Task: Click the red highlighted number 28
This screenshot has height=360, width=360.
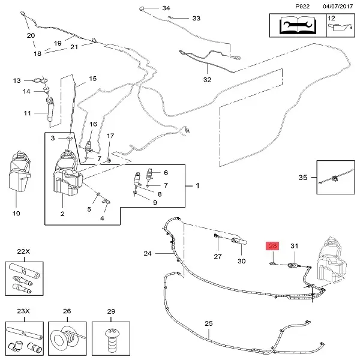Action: coord(272,246)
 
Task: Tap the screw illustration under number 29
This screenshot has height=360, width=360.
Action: coord(111,340)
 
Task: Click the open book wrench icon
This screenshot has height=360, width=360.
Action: coord(298,25)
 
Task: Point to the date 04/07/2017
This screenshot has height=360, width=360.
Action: coord(338,6)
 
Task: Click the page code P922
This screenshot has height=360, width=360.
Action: coord(302,6)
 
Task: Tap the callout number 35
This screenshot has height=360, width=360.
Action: coord(302,177)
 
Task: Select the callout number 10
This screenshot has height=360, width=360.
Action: coord(16,213)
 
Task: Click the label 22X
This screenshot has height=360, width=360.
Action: coord(23,251)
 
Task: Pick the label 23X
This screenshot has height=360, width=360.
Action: coord(23,311)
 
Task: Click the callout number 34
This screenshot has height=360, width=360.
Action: coord(166,8)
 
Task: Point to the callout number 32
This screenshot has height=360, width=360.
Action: coord(207,80)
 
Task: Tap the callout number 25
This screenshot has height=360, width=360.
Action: coord(209,323)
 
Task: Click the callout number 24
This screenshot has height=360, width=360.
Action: coord(148,253)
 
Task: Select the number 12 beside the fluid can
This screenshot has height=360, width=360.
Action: coord(331,18)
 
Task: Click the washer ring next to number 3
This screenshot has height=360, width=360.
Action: coord(70,138)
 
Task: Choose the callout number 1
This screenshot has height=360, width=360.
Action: coord(197,185)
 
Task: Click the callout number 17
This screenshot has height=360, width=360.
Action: coord(110,136)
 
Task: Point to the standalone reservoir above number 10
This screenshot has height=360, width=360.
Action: coord(20,171)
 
